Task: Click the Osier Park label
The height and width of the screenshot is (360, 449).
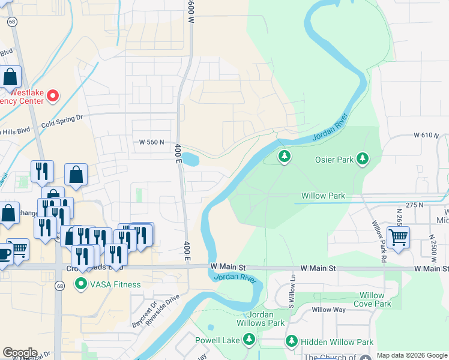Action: [334, 160]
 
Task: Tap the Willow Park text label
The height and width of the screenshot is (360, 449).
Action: [323, 196]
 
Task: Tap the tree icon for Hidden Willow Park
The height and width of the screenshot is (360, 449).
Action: [292, 341]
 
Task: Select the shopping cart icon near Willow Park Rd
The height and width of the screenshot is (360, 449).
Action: [398, 238]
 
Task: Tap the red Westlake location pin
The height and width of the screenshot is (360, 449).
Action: [53, 95]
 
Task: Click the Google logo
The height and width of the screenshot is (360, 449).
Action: [20, 353]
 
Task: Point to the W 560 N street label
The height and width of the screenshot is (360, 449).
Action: [151, 142]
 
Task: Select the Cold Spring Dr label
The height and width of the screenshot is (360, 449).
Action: [61, 122]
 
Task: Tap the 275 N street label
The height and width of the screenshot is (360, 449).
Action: [414, 205]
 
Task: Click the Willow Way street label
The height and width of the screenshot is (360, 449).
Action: [328, 310]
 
